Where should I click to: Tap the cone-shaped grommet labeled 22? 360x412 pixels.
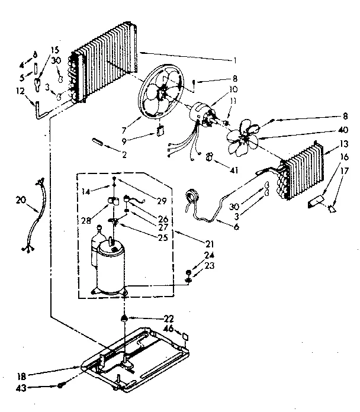pos(125,319)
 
